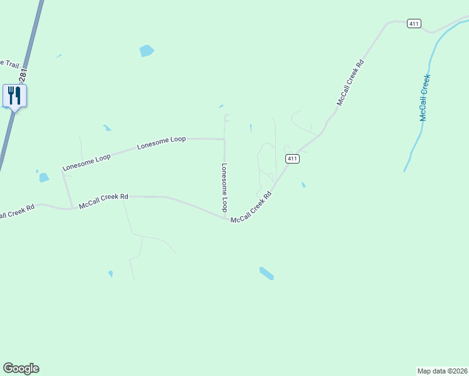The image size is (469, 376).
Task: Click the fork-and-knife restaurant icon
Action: tap(14, 96)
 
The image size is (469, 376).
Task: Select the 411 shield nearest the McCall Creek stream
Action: tap(413, 24)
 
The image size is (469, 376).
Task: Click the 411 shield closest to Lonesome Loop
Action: tap(292, 159)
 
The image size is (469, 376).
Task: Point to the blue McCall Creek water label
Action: tap(426, 98)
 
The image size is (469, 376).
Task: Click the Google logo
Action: tap(21, 368)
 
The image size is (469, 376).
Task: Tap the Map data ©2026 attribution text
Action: tap(442, 370)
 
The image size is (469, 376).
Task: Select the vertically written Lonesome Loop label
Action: tap(224, 187)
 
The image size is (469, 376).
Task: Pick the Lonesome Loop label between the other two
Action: tap(161, 142)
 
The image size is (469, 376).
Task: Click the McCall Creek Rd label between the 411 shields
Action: tap(350, 82)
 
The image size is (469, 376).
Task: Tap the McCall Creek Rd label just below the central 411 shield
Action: tap(251, 208)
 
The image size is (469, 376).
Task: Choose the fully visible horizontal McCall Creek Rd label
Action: tap(103, 197)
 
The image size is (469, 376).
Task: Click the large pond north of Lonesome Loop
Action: tap(147, 51)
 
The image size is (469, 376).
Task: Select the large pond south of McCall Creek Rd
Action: tap(266, 273)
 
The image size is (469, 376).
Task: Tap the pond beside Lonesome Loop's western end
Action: tap(43, 177)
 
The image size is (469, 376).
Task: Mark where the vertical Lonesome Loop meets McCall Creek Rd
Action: tap(225, 217)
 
